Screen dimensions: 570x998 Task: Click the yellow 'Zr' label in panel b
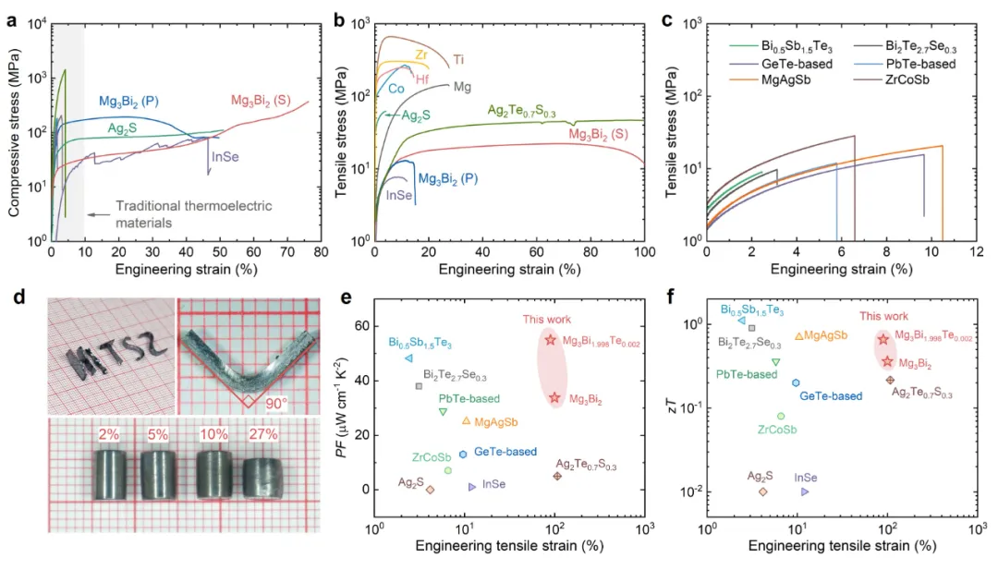pos(421,55)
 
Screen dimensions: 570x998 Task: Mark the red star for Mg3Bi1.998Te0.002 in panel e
pos(550,340)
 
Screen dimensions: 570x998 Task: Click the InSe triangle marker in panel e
pos(472,486)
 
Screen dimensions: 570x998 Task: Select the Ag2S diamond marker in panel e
pos(431,489)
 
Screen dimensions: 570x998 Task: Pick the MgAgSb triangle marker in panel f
pos(798,336)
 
